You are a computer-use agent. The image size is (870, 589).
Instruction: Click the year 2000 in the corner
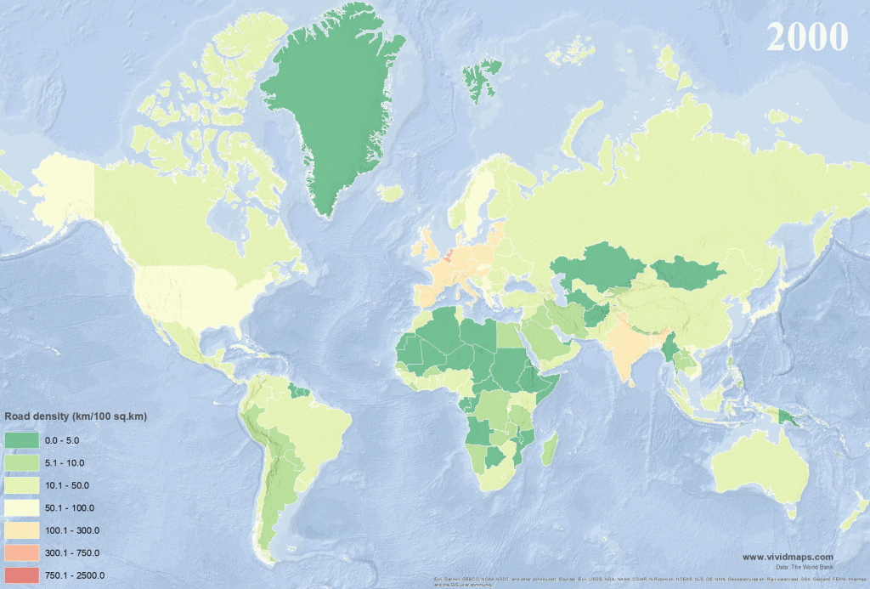[x=806, y=37]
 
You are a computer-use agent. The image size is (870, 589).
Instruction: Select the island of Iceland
[x=390, y=195]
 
